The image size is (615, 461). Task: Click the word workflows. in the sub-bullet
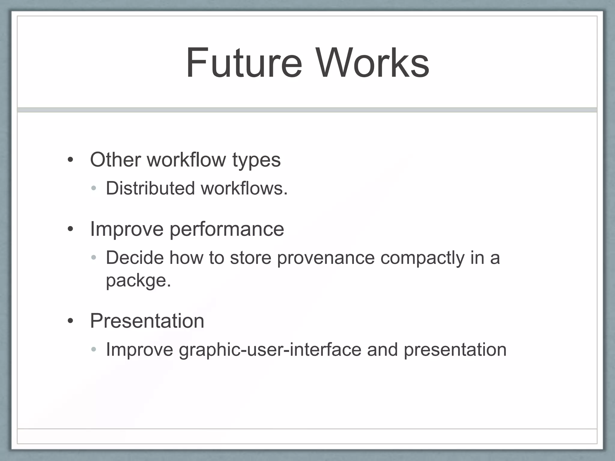[244, 188]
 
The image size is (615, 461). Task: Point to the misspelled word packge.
[138, 281]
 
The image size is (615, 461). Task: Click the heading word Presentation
[147, 321]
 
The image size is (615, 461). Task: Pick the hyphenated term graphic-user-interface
[270, 350]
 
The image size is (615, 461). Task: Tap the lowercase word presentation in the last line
[455, 350]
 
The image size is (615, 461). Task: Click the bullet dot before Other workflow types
[71, 160]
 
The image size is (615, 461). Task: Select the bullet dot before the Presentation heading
[71, 321]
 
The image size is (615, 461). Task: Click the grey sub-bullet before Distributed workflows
[94, 188]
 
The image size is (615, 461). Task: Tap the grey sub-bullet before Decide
[94, 258]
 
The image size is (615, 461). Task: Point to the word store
[251, 258]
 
